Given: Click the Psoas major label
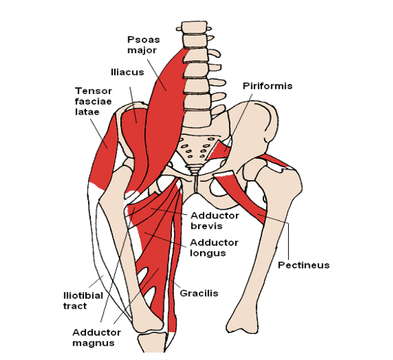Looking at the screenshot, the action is (x=143, y=45).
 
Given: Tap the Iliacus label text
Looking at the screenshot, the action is (x=128, y=72).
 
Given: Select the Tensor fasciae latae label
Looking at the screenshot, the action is (x=93, y=101).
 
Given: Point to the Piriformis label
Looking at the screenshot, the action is (x=267, y=86).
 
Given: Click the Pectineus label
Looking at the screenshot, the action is (x=304, y=265).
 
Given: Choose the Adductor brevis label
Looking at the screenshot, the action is (x=214, y=221).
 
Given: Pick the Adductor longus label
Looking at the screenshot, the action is (x=214, y=248).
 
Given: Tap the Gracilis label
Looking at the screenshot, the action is (x=199, y=293).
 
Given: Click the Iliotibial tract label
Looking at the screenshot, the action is (x=83, y=301).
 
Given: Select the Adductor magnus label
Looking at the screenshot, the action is (x=97, y=337).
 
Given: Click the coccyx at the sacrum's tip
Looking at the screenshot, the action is (x=195, y=170).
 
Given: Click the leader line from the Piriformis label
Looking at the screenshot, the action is (x=239, y=123).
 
